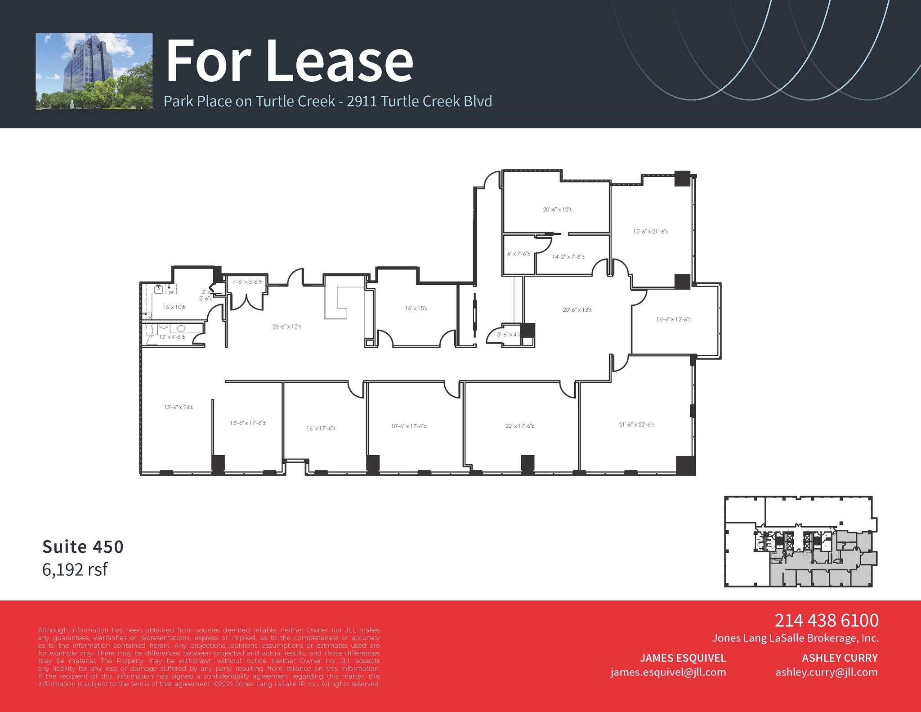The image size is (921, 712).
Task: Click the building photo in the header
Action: point(94,72)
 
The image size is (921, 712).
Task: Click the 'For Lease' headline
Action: point(289,61)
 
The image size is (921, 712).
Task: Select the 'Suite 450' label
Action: point(83,546)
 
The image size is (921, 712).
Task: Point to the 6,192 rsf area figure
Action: point(75,569)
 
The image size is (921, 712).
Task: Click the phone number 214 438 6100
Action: point(826,620)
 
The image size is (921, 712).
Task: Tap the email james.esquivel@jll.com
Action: point(668,672)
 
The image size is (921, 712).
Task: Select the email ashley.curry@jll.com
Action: point(826,672)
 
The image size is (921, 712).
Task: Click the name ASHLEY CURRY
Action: point(840,658)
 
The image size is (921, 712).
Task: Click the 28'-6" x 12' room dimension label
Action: point(287,327)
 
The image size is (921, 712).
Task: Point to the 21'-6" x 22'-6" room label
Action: point(636,424)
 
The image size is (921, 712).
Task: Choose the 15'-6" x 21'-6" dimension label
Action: point(650,232)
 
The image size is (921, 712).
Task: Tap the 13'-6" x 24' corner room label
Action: point(178,407)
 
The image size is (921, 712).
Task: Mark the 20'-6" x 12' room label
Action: point(557,210)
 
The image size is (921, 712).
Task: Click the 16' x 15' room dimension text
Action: point(416,309)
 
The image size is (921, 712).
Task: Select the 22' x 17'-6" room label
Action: point(519,425)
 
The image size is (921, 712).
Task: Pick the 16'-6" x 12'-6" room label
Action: point(673,319)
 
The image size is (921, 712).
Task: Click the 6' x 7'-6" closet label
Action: point(519,254)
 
